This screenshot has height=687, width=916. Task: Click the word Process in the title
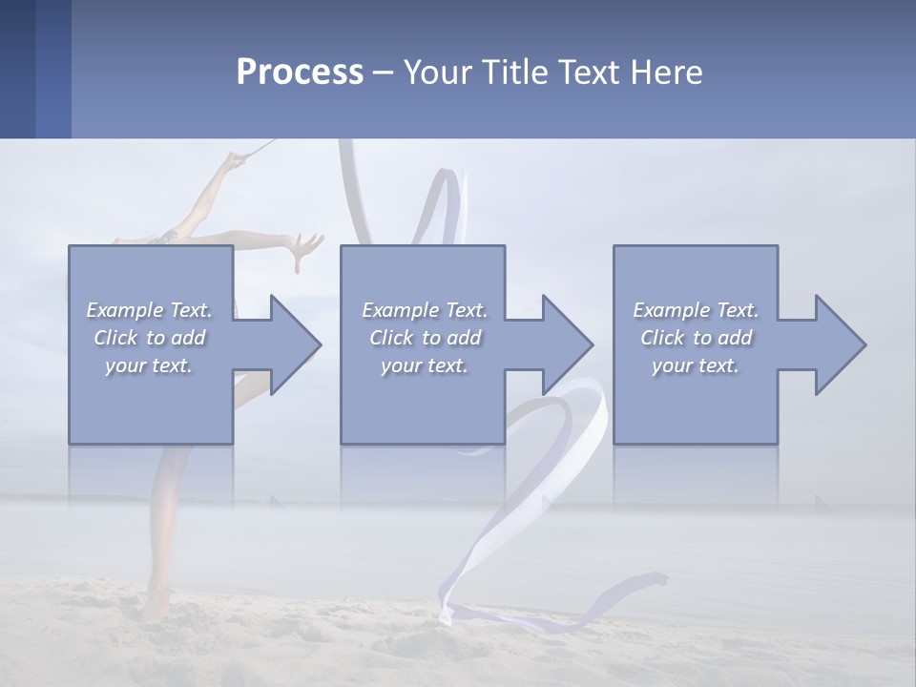coord(300,73)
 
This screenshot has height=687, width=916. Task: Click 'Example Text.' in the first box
coord(149,310)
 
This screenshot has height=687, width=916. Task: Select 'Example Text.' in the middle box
coord(424,310)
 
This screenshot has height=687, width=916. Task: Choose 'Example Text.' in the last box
coord(695,310)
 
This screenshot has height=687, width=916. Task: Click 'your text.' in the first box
coord(149,365)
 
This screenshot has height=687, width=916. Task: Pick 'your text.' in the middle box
coord(424,365)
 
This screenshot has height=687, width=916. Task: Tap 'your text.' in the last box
coord(695,365)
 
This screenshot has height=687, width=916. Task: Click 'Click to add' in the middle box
coord(424,338)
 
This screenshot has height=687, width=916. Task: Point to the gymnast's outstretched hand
coord(305,248)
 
